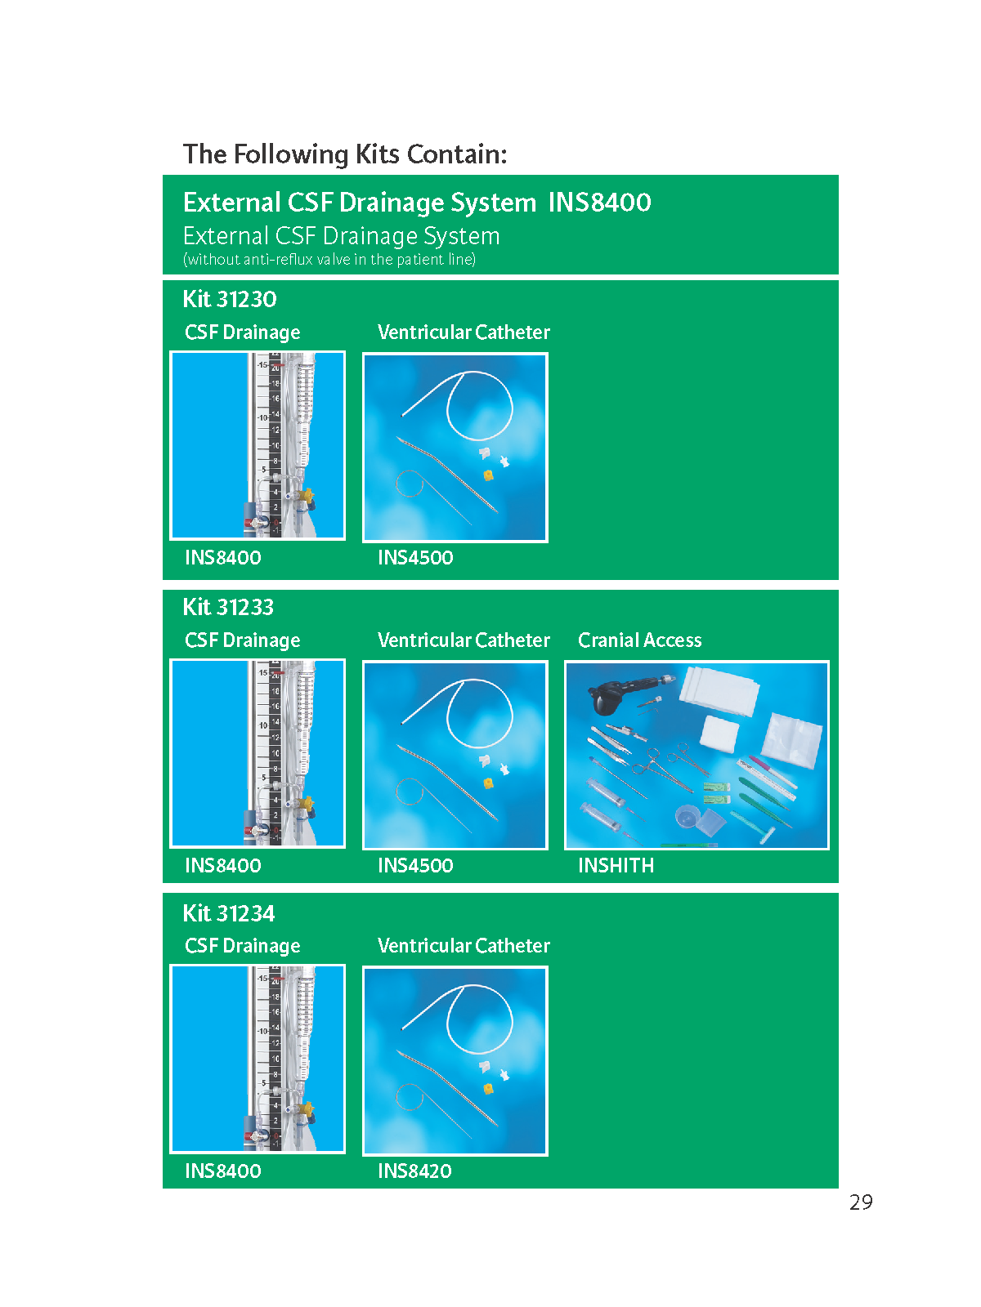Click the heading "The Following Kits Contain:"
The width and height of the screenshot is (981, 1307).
click(x=345, y=154)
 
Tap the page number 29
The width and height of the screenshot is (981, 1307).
click(x=861, y=1202)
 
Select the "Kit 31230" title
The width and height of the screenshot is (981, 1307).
click(x=230, y=299)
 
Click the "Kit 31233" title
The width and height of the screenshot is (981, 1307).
click(x=228, y=607)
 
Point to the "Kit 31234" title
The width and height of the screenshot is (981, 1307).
click(x=229, y=912)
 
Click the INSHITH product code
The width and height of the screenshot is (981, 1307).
click(x=616, y=865)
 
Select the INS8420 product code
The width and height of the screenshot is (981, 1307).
click(x=414, y=1171)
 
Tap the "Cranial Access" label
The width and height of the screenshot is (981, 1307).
click(x=640, y=640)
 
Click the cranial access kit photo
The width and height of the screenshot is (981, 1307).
click(x=697, y=755)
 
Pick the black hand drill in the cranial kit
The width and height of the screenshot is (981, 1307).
click(x=620, y=694)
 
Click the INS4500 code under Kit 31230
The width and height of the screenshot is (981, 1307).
click(x=415, y=557)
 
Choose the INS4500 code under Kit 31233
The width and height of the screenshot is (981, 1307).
click(x=415, y=865)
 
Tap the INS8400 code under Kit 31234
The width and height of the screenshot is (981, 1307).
click(x=222, y=1171)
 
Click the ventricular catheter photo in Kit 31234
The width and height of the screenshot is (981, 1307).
click(x=455, y=1060)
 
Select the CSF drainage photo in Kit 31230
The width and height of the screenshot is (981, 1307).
click(x=258, y=445)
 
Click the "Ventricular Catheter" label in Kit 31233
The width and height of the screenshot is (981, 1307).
click(x=464, y=640)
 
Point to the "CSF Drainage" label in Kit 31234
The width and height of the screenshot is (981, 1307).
click(x=243, y=946)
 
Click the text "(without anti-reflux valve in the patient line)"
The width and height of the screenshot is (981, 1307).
click(x=329, y=260)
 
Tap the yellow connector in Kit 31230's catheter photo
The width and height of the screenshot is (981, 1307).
click(x=488, y=475)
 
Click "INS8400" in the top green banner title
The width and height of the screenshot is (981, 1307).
click(x=599, y=203)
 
